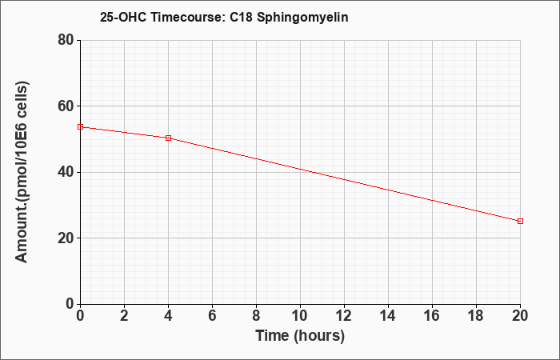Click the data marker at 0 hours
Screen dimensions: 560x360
pyautogui.click(x=80, y=126)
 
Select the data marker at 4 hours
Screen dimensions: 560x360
pyautogui.click(x=168, y=138)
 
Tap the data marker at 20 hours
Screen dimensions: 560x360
pyautogui.click(x=520, y=221)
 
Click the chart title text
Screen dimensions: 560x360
pyautogui.click(x=224, y=17)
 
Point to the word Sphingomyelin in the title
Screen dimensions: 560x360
pyautogui.click(x=302, y=17)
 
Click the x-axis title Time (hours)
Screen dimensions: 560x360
pyautogui.click(x=300, y=336)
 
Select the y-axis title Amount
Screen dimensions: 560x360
pyautogui.click(x=22, y=172)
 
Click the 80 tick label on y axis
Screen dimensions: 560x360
pyautogui.click(x=66, y=40)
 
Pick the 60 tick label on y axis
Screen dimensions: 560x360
pyautogui.click(x=66, y=106)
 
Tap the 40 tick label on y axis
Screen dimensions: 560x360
pyautogui.click(x=66, y=172)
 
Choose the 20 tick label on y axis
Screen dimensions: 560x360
pyautogui.click(x=66, y=238)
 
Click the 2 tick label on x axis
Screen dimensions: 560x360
pyautogui.click(x=124, y=316)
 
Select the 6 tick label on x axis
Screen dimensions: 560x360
pyautogui.click(x=212, y=316)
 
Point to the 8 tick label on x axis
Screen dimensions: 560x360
pyautogui.click(x=256, y=316)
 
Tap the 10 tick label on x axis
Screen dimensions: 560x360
pyautogui.click(x=300, y=316)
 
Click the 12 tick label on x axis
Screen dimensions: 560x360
pyautogui.click(x=344, y=316)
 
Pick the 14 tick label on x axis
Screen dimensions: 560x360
pyautogui.click(x=388, y=316)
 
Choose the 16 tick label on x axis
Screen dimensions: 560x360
pyautogui.click(x=432, y=316)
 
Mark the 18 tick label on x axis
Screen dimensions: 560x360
pyautogui.click(x=476, y=316)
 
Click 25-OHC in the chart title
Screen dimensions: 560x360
pyautogui.click(x=123, y=17)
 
